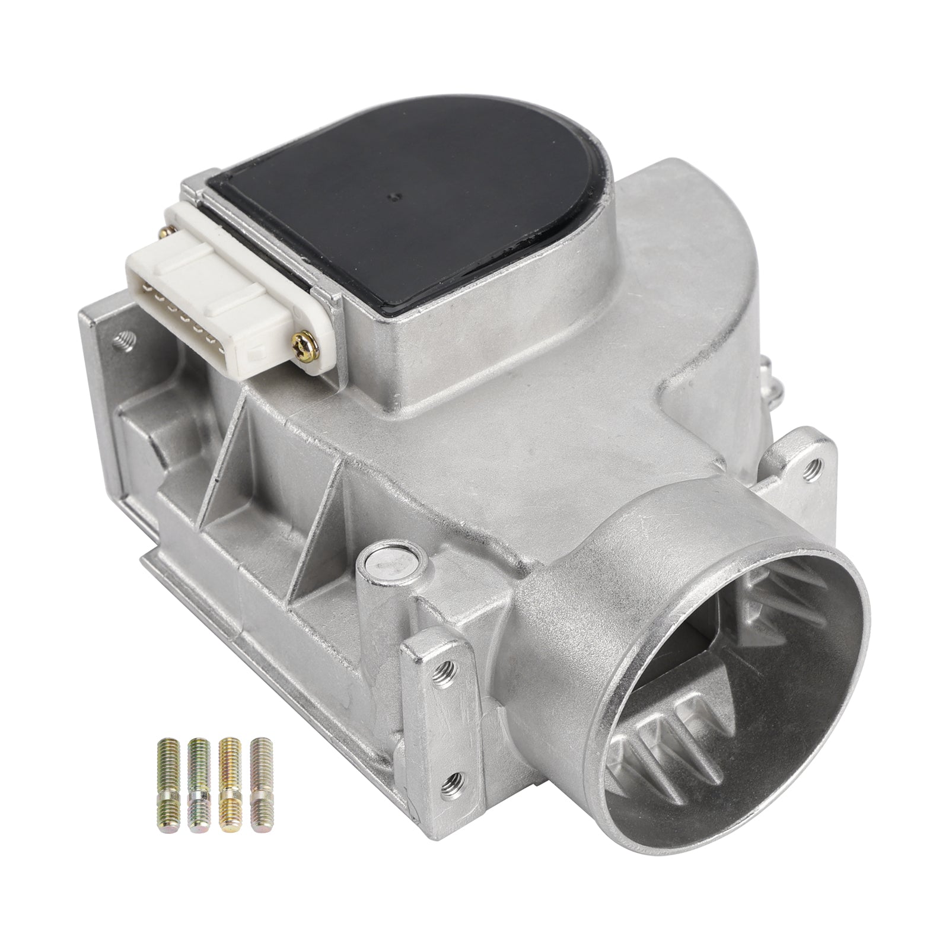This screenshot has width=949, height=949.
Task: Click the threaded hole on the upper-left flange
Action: click(125, 340)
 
